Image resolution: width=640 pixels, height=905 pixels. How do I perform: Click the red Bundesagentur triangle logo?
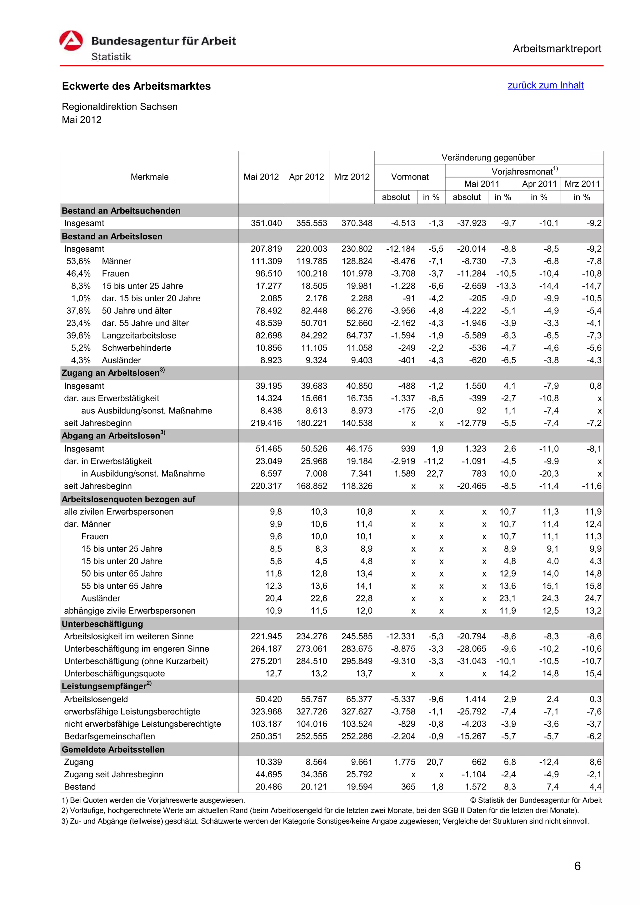tap(71, 41)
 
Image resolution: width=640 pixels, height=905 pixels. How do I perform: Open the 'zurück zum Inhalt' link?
tap(545, 85)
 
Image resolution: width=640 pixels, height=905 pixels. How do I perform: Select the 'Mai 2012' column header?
tap(261, 177)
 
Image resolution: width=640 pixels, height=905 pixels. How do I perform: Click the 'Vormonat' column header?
tap(410, 177)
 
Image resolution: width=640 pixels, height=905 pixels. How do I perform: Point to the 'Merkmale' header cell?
tap(149, 177)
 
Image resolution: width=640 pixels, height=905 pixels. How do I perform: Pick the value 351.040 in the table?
tap(266, 223)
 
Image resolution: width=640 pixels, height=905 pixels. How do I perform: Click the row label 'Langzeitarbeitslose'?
tap(139, 335)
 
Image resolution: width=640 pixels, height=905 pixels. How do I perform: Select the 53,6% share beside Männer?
tap(78, 261)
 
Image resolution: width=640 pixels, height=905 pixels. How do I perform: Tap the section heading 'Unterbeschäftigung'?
tap(102, 624)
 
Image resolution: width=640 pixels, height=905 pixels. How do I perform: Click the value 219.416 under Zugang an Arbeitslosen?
tap(266, 423)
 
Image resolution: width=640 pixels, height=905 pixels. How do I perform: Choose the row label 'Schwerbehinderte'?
tap(137, 348)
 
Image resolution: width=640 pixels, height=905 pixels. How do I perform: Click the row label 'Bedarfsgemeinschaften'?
tap(110, 736)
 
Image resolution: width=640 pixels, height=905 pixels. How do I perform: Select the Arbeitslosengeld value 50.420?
tap(268, 699)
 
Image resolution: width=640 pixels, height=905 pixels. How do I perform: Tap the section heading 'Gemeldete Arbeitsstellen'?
tap(113, 750)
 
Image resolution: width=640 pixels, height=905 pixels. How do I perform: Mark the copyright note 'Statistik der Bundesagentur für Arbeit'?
tap(539, 800)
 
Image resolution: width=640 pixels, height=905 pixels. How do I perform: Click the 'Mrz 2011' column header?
tap(582, 184)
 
